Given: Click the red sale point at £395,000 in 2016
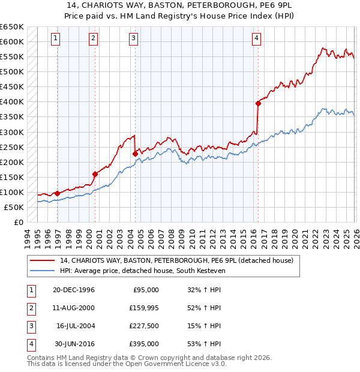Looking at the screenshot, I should [258, 103].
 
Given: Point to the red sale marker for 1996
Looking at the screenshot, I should [58, 193].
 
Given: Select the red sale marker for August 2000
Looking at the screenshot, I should [95, 174].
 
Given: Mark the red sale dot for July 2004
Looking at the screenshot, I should [135, 154].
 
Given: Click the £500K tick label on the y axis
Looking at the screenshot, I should [12, 72].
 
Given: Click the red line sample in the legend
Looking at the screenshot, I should [43, 260].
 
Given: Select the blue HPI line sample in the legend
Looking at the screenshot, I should [43, 271].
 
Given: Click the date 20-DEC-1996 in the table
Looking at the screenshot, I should [73, 290].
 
